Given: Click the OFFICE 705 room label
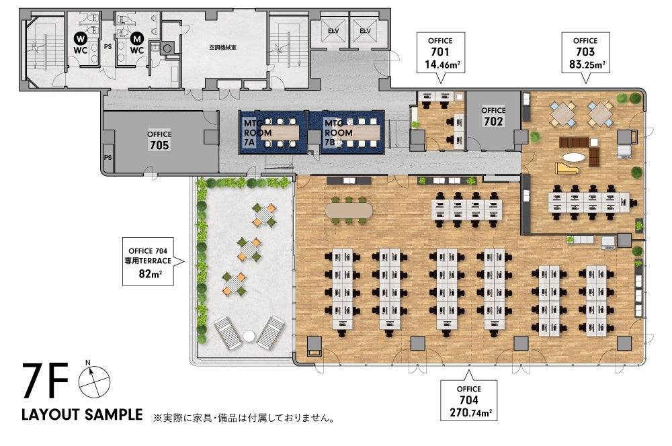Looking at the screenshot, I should [159, 140].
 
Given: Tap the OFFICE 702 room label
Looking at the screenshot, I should [493, 116].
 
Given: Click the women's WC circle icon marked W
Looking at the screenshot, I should [79, 39].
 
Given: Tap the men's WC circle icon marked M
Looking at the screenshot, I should [137, 39].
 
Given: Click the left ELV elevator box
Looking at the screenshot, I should [333, 31].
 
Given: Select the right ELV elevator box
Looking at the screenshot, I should [365, 31].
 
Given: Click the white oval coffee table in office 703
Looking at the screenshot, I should [574, 158].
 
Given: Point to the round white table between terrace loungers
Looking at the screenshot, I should [249, 335].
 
